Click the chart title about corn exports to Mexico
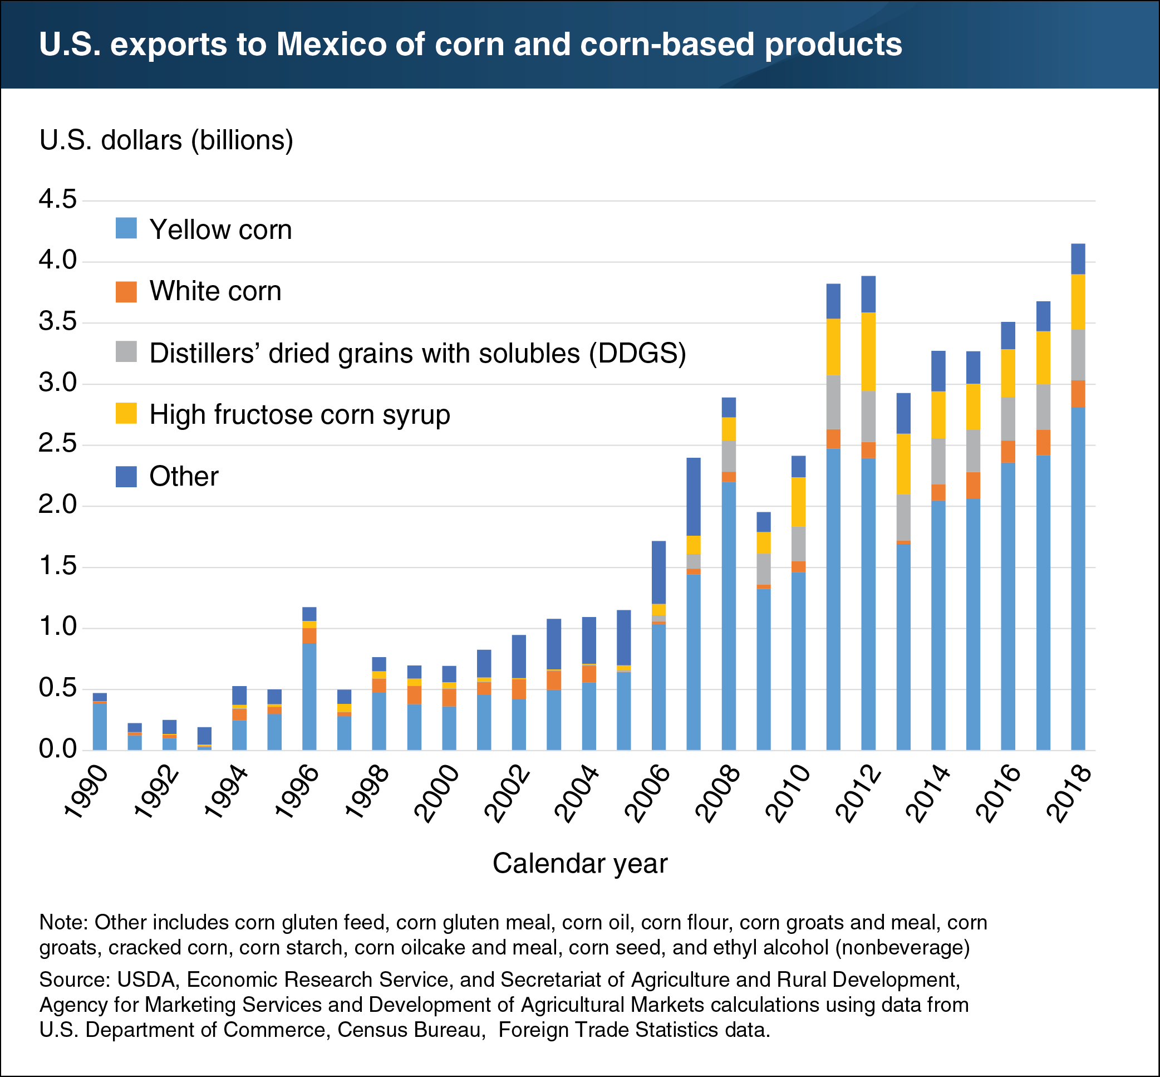tap(470, 45)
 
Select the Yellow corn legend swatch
tap(126, 228)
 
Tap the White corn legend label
tap(215, 291)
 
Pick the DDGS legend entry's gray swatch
tap(126, 352)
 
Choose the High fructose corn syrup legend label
tap(299, 414)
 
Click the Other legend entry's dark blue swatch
tap(126, 476)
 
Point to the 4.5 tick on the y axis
tap(58, 200)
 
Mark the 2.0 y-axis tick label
tap(58, 505)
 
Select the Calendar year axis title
tap(579, 863)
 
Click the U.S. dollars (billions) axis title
tap(166, 140)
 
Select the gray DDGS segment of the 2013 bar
tap(903, 517)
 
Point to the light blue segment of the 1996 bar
tap(309, 696)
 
